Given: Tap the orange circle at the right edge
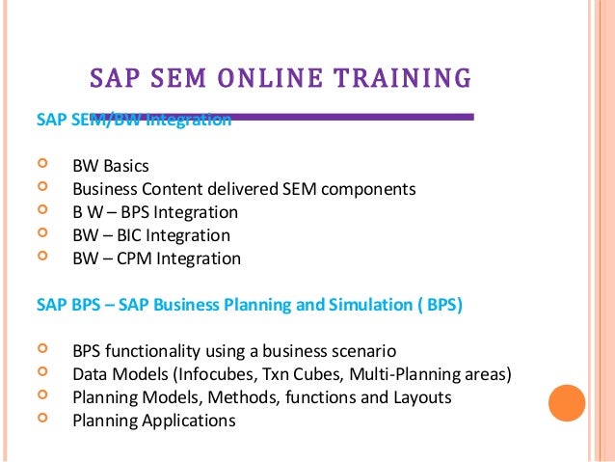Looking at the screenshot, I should point(567,403).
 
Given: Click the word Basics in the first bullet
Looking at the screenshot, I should point(126,166).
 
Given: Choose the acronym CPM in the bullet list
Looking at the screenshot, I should point(139,258).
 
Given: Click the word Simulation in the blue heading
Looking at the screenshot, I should point(347,306).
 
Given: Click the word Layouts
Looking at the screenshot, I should point(422,397).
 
